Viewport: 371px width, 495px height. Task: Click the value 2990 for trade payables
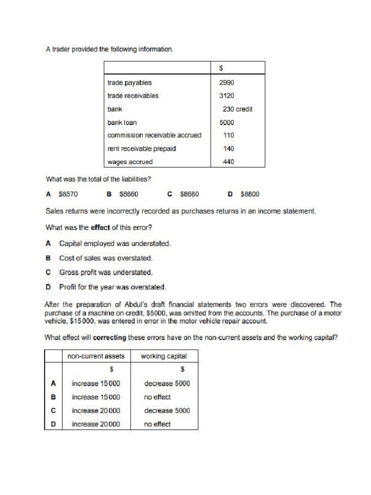227,83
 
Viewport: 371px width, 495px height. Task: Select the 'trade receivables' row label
133,96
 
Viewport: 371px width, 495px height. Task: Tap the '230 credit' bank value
237,109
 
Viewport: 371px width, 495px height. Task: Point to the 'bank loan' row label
122,123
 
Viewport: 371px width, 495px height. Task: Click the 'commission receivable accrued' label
154,135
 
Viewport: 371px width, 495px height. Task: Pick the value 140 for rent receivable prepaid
228,149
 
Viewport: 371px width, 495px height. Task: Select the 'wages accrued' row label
129,162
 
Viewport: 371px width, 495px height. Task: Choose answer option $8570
68,194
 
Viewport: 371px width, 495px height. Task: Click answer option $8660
128,194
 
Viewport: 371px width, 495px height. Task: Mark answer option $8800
250,194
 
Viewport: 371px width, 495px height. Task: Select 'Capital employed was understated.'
114,244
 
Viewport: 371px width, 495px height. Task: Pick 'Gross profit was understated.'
106,272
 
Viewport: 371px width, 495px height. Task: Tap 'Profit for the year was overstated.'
113,287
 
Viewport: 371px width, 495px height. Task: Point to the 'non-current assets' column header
96,356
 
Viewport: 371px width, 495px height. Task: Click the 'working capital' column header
164,356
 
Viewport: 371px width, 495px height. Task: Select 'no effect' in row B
157,397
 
